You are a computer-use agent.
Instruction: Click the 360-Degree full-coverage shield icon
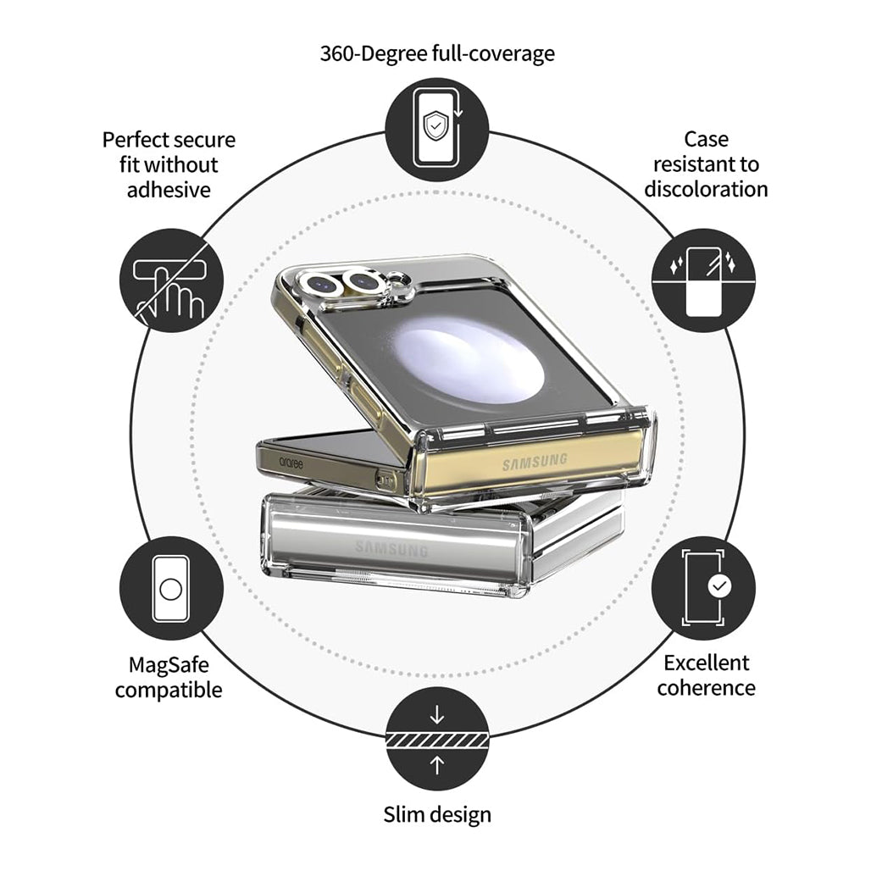[x=436, y=129]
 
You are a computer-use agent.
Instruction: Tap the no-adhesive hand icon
[x=171, y=280]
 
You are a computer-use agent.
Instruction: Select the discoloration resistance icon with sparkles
[x=702, y=280]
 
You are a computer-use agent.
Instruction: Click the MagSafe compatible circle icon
[x=171, y=588]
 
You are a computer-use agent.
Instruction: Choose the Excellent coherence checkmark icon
[x=702, y=588]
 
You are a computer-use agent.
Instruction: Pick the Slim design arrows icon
[x=436, y=740]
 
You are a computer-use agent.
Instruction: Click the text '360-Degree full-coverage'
[x=436, y=53]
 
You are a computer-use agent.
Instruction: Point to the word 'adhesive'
[x=169, y=189]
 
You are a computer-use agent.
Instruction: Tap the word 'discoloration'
[x=706, y=189]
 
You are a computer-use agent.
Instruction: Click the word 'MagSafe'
[x=169, y=665]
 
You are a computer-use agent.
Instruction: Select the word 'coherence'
[x=706, y=687]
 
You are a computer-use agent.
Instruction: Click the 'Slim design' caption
[x=436, y=815]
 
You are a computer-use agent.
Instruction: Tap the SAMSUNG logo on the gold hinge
[x=535, y=463]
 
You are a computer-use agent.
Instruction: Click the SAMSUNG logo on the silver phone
[x=391, y=549]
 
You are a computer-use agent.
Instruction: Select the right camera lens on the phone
[x=363, y=280]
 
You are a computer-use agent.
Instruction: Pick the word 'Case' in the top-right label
[x=706, y=140]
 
